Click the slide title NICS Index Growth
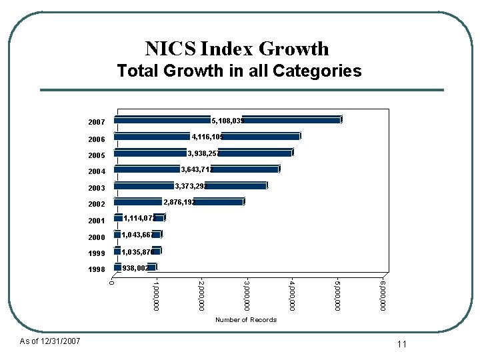(237, 49)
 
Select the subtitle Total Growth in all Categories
(239, 71)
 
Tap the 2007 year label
(97, 123)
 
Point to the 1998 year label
(97, 269)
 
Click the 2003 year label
(97, 188)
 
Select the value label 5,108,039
(227, 121)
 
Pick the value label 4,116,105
(207, 137)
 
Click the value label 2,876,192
(179, 201)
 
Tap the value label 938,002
(135, 268)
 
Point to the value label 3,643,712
(197, 169)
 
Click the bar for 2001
(139, 218)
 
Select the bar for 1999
(137, 251)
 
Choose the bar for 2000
(138, 235)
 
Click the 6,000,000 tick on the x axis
(383, 295)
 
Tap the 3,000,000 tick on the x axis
(246, 295)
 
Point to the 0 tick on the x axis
(111, 283)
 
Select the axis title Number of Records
(245, 320)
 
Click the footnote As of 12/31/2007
(50, 341)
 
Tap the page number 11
(401, 344)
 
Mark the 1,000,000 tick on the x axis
(155, 295)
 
